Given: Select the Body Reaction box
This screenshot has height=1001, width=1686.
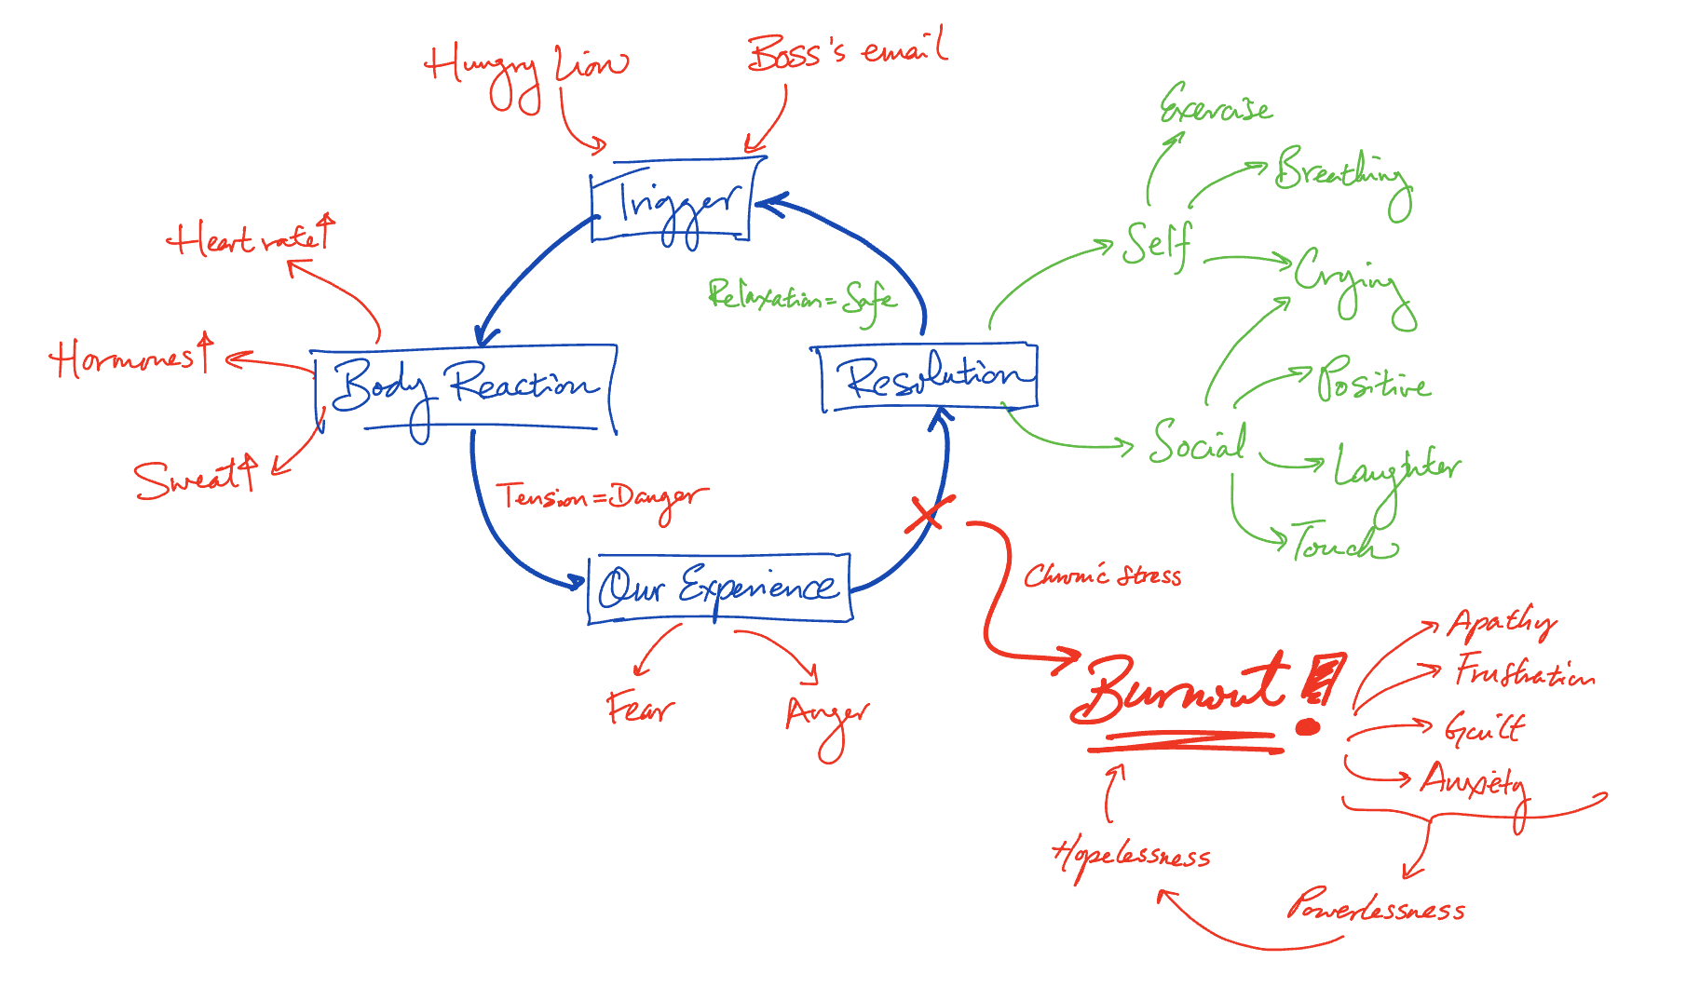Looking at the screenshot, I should pyautogui.click(x=464, y=387).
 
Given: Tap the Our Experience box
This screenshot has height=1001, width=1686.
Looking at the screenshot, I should pyautogui.click(x=718, y=588).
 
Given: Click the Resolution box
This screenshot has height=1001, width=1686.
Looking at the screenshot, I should pyautogui.click(x=930, y=378).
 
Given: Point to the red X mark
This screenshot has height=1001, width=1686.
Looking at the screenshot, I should pyautogui.click(x=928, y=515).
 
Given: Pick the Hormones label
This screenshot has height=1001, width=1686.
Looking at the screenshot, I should pyautogui.click(x=129, y=358).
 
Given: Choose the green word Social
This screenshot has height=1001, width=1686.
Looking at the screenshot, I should pyautogui.click(x=1197, y=442).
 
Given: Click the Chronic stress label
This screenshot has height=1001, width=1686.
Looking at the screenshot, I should pyautogui.click(x=1102, y=575).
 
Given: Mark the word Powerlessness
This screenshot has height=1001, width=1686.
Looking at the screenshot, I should pyautogui.click(x=1376, y=906).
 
